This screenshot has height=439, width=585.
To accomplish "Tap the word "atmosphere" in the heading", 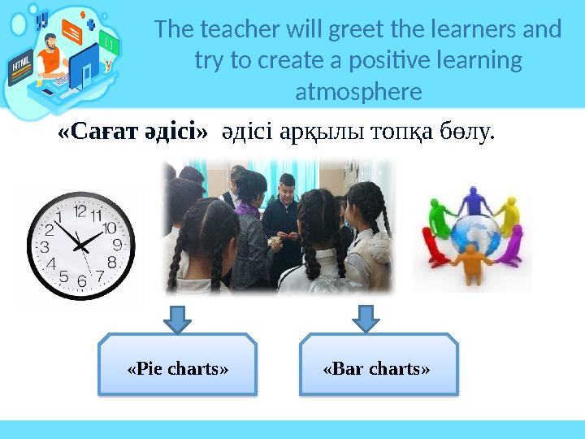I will [x=358, y=92].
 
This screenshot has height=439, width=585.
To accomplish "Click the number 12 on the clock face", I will [x=80, y=211].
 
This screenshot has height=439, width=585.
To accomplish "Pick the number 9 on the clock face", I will [x=117, y=243].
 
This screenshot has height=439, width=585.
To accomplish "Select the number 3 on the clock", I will [x=45, y=246].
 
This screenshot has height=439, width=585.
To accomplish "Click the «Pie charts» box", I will [x=178, y=368].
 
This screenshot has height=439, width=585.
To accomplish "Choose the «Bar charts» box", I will [x=377, y=368].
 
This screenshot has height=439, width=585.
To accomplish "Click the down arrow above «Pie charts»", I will [x=177, y=318].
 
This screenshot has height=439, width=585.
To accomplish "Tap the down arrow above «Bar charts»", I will [x=366, y=318].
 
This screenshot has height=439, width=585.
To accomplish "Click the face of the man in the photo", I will [x=286, y=191].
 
